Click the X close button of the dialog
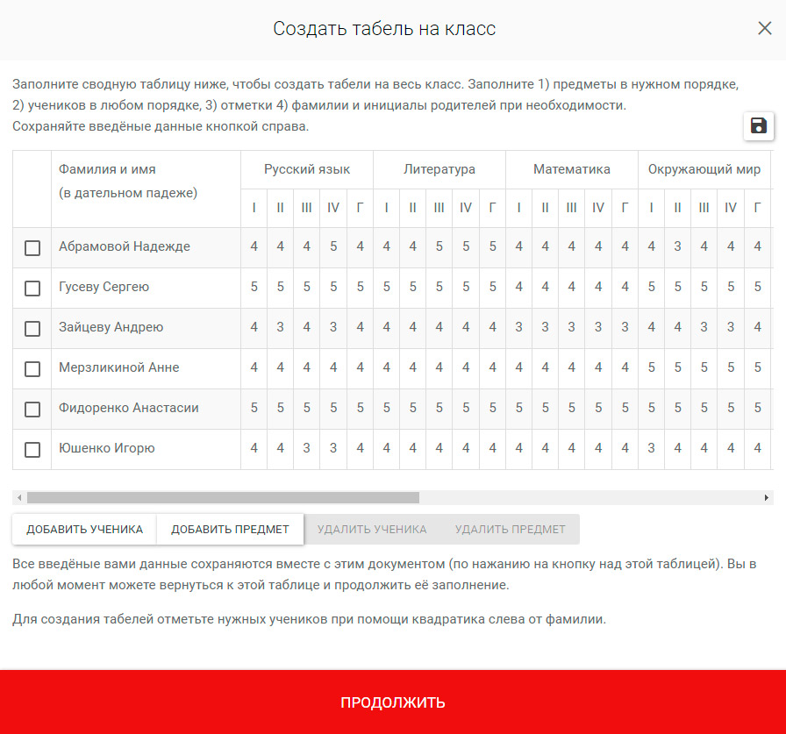tap(765, 28)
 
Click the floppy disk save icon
tap(758, 126)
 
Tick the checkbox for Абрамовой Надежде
tap(32, 248)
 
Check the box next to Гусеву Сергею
tap(32, 289)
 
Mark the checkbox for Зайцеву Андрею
tap(32, 329)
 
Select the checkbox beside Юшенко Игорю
tap(32, 450)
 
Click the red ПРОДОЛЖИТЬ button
tap(393, 702)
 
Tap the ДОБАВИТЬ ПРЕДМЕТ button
tap(230, 530)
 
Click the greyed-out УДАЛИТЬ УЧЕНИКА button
tap(372, 530)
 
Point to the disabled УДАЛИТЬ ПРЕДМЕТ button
tap(511, 530)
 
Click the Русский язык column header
tap(307, 169)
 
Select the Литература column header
tap(439, 169)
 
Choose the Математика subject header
tap(572, 169)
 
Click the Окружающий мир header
tap(704, 169)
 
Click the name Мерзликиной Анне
tap(119, 368)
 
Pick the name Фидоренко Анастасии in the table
tap(129, 409)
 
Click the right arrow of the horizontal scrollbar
tap(768, 497)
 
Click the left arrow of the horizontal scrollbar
tap(18, 497)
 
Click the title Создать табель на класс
tap(384, 29)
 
